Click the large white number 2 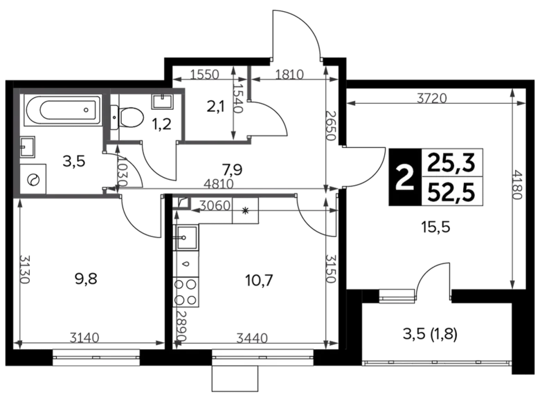402,178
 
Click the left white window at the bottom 96,357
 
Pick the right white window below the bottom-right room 264,357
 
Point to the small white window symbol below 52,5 397,296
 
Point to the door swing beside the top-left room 123,169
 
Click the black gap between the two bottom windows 176,357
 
